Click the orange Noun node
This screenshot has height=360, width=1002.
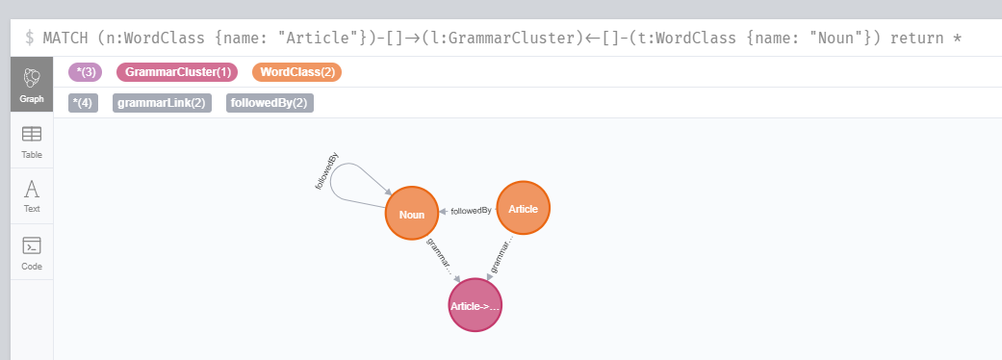click(x=411, y=213)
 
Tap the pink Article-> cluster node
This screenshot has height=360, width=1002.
click(x=475, y=305)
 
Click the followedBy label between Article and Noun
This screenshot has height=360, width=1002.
click(x=471, y=211)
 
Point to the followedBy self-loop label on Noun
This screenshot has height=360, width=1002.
click(x=326, y=171)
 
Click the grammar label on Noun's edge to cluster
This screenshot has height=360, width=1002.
click(x=439, y=255)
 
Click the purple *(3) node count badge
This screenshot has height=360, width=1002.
click(x=85, y=72)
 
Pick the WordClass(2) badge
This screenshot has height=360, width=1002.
click(x=296, y=72)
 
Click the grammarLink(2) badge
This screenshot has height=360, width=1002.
click(x=161, y=103)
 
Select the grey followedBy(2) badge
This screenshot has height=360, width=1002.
click(x=270, y=103)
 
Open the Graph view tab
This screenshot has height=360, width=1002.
click(x=32, y=86)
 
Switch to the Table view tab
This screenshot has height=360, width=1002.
click(x=32, y=141)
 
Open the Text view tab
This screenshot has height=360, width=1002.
click(x=32, y=195)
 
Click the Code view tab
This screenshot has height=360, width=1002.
click(x=32, y=252)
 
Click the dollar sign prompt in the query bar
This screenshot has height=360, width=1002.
click(x=30, y=39)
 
